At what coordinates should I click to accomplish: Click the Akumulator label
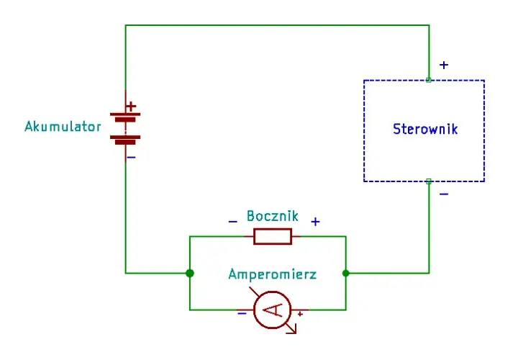(63, 127)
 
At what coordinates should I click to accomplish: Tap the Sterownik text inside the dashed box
(425, 129)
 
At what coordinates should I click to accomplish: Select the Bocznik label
(273, 216)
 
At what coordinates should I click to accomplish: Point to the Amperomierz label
(273, 274)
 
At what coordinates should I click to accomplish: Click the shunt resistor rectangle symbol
(273, 236)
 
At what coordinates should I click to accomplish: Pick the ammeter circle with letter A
(273, 310)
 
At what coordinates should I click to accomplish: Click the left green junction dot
(190, 274)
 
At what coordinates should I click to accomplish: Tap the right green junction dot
(346, 274)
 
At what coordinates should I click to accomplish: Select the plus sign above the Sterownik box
(444, 65)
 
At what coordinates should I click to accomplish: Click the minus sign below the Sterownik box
(444, 194)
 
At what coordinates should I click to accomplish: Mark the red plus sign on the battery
(131, 107)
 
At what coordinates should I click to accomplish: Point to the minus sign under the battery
(132, 158)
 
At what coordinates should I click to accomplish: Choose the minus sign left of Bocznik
(233, 222)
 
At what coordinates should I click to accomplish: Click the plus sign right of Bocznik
(316, 222)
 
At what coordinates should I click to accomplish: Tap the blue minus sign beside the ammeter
(242, 313)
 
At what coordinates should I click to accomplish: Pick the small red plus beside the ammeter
(300, 314)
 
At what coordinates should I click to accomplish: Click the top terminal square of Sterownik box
(429, 80)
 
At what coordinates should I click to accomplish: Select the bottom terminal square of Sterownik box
(429, 181)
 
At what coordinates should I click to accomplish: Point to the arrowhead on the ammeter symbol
(294, 330)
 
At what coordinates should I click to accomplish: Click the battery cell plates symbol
(125, 129)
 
